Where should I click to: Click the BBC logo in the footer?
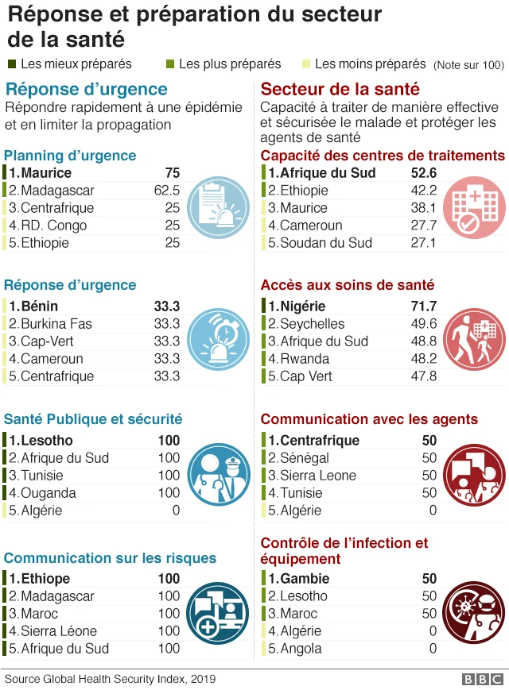pos(482,680)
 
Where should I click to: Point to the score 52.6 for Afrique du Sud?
pos(422,173)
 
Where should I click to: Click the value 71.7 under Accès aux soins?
pos(422,306)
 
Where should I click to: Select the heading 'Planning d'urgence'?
pos(70,156)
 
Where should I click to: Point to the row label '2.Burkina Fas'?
pos(50,324)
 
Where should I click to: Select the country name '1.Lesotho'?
pos(41,441)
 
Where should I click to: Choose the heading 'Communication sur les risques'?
pos(110,558)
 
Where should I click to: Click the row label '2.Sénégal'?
pos(298,458)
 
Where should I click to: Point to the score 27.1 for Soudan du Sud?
pos(422,243)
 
